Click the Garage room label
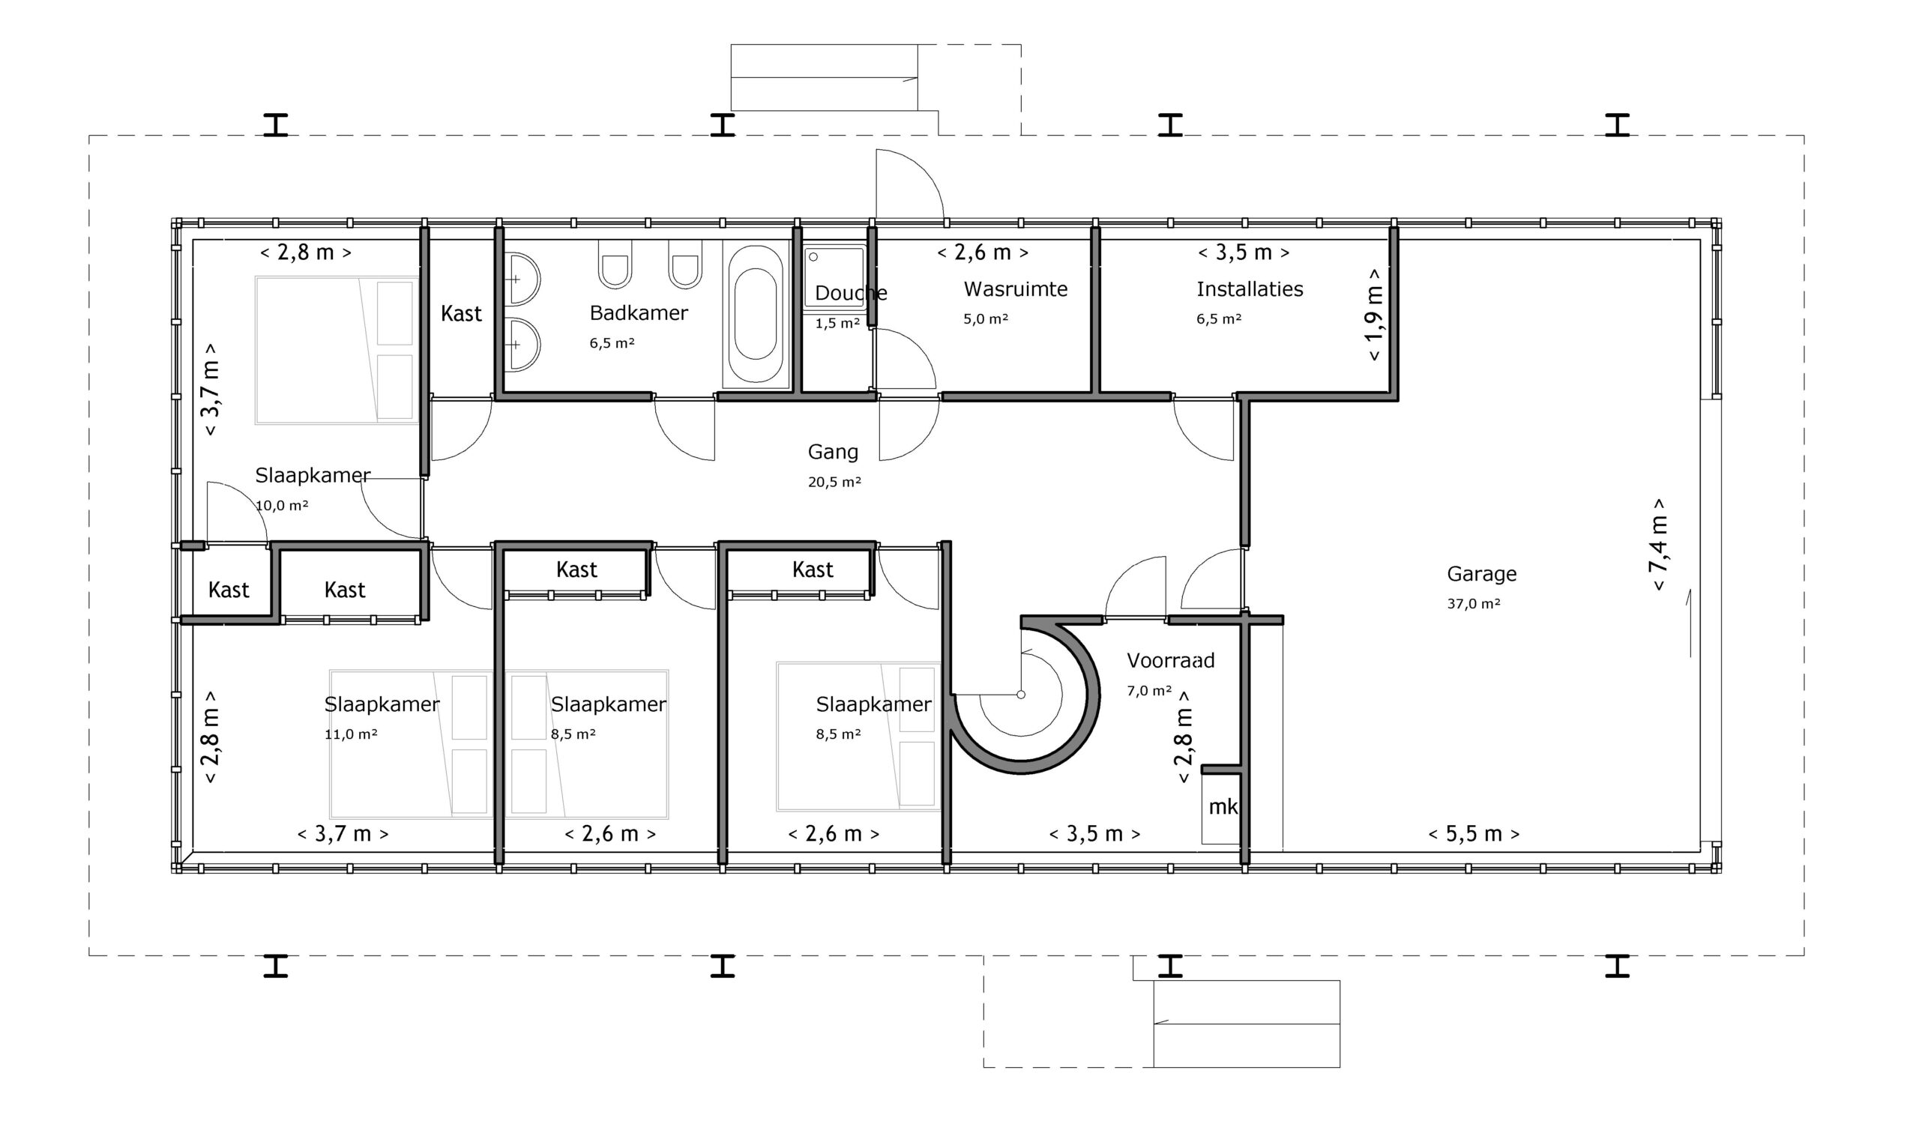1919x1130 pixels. coord(1481,574)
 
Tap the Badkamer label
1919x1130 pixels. coord(638,313)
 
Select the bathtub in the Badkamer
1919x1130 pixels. coord(755,316)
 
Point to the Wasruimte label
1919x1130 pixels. coord(1015,289)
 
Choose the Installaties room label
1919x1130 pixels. coord(1250,289)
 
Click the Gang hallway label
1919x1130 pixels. coord(832,453)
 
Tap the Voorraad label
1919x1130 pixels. coord(1170,660)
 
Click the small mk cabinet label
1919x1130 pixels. coord(1223,807)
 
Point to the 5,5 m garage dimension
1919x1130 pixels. coord(1474,834)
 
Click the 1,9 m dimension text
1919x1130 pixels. coord(1374,315)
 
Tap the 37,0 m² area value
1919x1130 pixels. coord(1474,604)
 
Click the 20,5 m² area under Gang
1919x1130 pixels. coord(834,482)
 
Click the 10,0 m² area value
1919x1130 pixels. coord(282,506)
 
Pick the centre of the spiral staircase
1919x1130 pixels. coord(1021,695)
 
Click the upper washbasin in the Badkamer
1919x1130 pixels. coord(521,280)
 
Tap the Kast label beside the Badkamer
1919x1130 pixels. coord(461,314)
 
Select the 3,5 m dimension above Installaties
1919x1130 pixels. coord(1244,253)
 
